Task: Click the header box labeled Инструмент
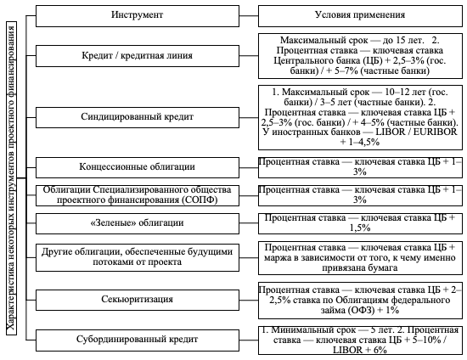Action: click(138, 16)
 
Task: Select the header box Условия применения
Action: click(360, 16)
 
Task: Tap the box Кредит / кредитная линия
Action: click(138, 56)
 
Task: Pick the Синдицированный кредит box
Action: click(138, 117)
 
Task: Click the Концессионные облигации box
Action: click(138, 167)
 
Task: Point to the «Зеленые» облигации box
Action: click(138, 223)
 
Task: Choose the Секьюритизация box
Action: click(138, 300)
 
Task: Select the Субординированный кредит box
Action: click(138, 340)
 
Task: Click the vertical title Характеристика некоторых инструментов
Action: click(11, 178)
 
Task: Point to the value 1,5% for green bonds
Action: click(360, 228)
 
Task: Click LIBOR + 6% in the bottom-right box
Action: click(359, 350)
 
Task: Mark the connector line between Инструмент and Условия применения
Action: click(249, 16)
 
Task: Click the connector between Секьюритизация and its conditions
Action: click(249, 300)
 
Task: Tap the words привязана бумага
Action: click(360, 268)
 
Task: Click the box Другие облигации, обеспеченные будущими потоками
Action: click(138, 257)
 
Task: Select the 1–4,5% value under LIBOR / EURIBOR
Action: click(360, 142)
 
